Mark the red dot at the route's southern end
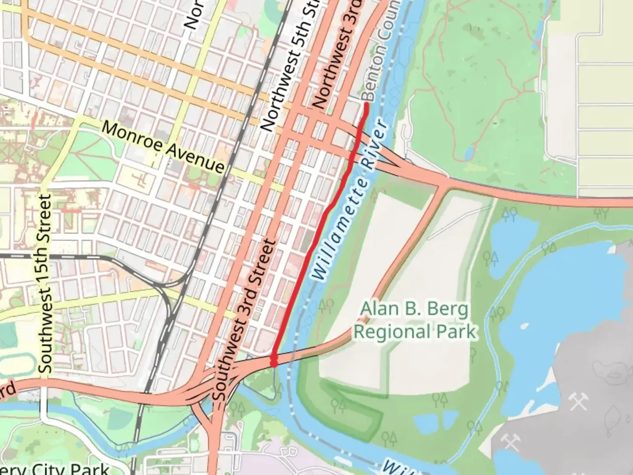[x=274, y=363]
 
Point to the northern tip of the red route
[x=366, y=104]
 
